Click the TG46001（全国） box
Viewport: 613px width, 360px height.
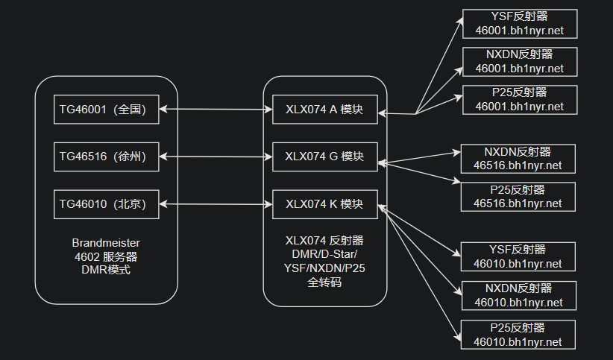(107, 110)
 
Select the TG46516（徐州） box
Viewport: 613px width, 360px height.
(107, 157)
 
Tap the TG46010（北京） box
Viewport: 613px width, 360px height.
(107, 204)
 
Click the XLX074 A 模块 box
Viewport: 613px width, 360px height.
(324, 110)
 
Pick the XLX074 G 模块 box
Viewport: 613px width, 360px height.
(324, 157)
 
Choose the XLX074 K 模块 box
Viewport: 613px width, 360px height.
(324, 204)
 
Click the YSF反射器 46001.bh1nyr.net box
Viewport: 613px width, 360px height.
(519, 25)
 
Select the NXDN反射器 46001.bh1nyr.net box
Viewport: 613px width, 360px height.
(519, 62)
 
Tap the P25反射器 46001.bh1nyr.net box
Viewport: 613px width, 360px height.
(519, 99)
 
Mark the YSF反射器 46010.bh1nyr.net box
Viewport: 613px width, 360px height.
(519, 256)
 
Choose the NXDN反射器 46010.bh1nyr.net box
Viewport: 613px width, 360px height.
(519, 295)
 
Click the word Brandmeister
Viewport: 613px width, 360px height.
(106, 243)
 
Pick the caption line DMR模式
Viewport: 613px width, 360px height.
(106, 270)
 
